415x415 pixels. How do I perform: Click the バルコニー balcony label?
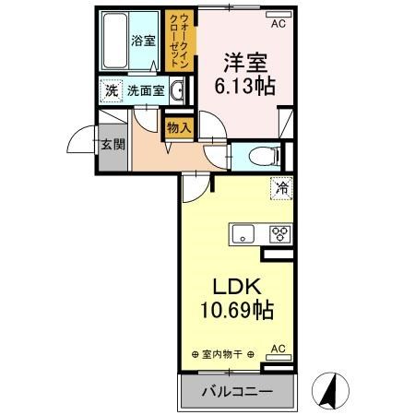pos(238,392)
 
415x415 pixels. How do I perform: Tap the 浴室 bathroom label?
pos(142,41)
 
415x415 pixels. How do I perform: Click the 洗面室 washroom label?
pos(145,91)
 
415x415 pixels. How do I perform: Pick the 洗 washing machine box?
pos(111,91)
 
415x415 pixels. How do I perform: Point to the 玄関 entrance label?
pos(112,144)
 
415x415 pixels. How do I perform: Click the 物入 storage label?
pos(179,127)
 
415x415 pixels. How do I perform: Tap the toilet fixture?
pos(259,155)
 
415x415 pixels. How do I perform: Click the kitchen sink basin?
pos(244,233)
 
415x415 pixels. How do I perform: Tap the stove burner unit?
pos(279,233)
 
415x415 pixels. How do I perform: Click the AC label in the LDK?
pos(277,350)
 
